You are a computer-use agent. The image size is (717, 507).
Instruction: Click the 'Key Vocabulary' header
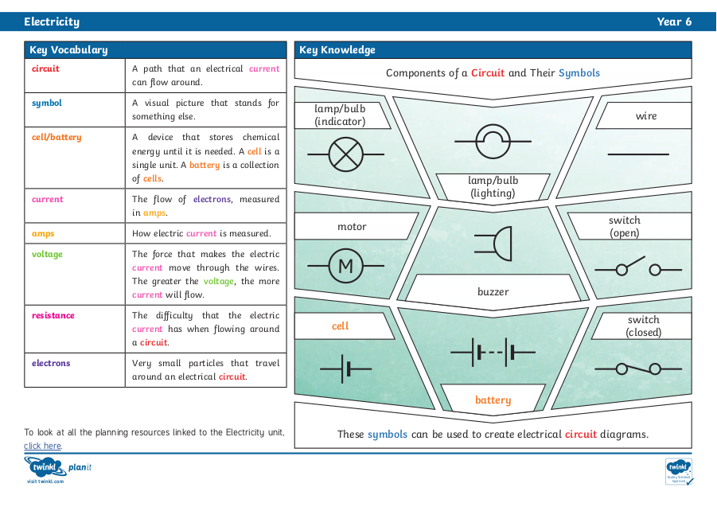[68, 50]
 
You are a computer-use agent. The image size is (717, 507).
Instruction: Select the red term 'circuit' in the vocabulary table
[45, 68]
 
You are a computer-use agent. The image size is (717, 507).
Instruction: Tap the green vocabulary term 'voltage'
[47, 254]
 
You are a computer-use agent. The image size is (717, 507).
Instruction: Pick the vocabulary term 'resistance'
[53, 315]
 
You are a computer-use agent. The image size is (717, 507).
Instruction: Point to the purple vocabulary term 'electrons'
[51, 363]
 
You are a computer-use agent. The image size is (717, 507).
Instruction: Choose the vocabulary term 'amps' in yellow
[43, 234]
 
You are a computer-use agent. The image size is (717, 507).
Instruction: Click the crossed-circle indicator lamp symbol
[345, 154]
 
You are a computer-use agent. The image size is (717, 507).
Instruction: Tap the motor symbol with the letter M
[345, 266]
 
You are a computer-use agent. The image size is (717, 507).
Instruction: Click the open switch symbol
[638, 267]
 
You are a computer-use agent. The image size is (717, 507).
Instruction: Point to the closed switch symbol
[638, 369]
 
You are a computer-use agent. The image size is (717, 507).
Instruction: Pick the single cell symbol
[345, 369]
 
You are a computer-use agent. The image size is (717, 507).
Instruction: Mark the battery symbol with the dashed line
[493, 353]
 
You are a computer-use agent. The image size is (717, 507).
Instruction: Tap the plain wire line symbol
[638, 154]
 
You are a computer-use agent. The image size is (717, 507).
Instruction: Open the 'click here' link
[42, 446]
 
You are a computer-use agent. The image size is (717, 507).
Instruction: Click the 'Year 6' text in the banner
[674, 22]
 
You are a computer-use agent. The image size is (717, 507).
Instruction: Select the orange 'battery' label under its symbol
[493, 400]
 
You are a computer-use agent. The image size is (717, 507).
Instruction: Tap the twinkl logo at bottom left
[45, 466]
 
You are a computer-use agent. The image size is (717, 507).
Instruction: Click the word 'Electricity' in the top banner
[52, 22]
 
